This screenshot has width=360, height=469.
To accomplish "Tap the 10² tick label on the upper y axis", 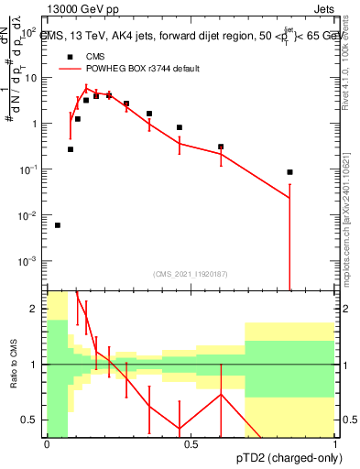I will click(x=30, y=32).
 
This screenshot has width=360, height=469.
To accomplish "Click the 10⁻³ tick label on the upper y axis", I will click(x=29, y=261).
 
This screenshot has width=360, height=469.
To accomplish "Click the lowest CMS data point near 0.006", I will click(x=58, y=225).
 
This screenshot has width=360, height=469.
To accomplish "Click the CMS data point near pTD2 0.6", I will click(x=221, y=147).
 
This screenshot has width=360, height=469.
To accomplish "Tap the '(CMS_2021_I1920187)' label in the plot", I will click(x=191, y=273).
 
